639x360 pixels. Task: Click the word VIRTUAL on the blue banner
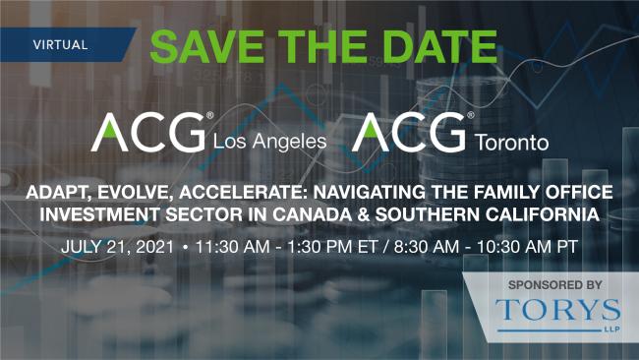(x=60, y=44)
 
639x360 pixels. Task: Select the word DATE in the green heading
(x=441, y=43)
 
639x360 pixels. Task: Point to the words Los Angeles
(x=269, y=142)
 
